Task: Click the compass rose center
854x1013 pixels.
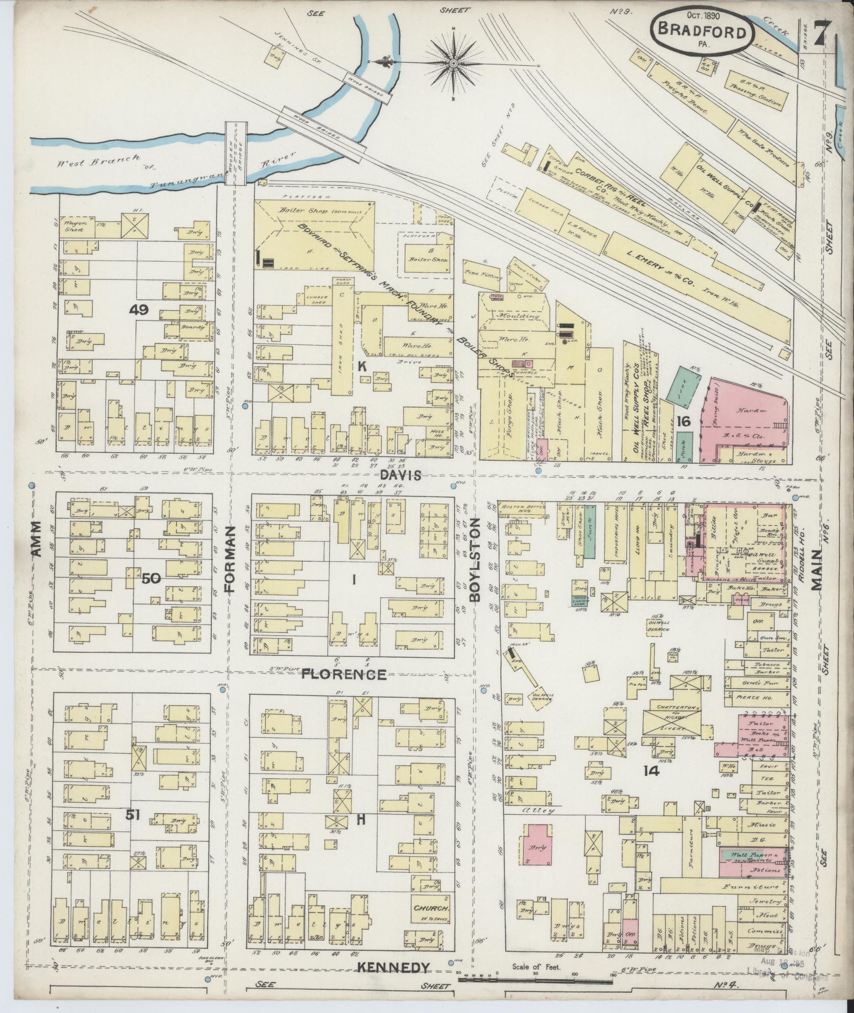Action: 453,64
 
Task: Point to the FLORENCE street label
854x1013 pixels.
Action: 344,675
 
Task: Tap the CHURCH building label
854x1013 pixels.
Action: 432,908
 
